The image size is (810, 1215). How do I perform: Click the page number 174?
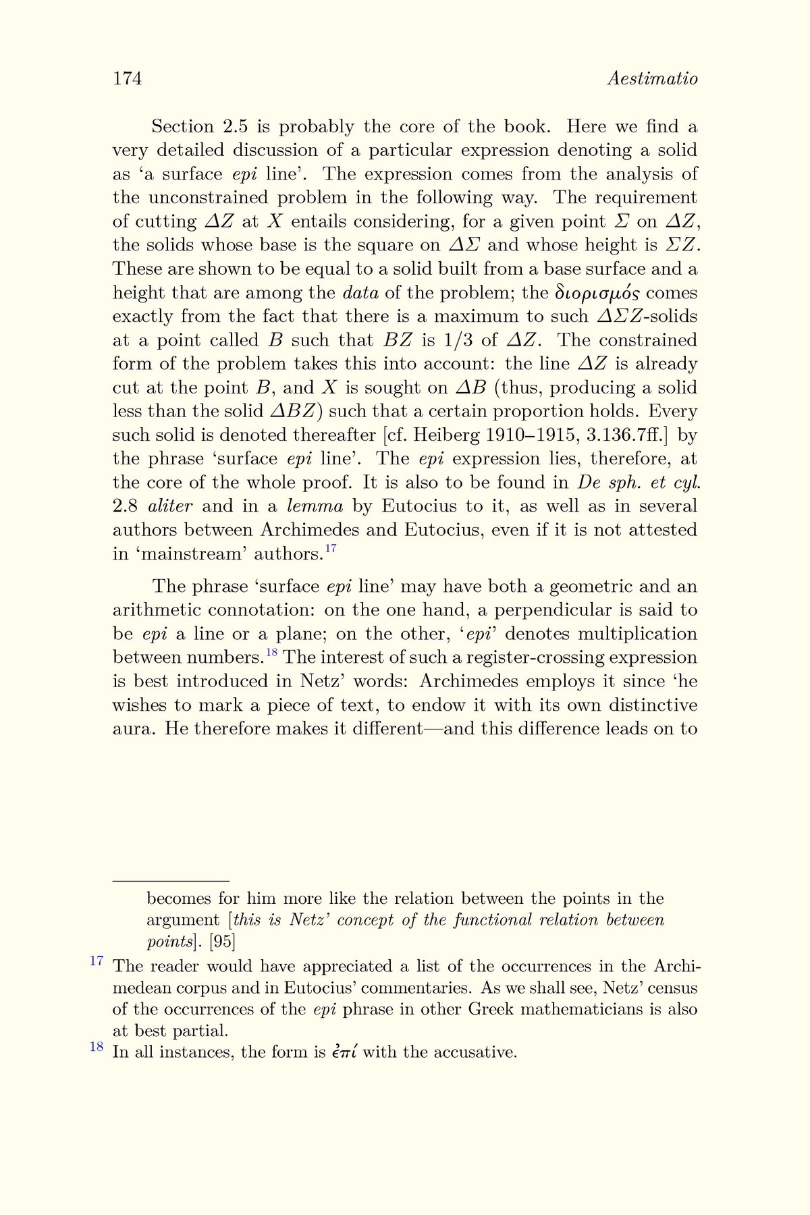coord(127,79)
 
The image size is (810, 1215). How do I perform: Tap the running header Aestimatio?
coord(652,79)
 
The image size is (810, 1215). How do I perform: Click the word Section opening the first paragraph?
coord(182,127)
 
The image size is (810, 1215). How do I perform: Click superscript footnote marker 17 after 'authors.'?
coord(331,549)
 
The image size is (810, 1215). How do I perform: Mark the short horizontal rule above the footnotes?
coord(171,881)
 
